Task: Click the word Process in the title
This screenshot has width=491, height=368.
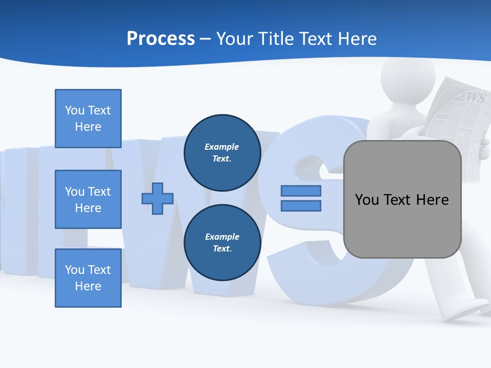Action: pos(161,39)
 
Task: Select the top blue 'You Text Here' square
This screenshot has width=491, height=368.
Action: pos(88,119)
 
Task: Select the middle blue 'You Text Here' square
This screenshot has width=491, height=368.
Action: pos(88,199)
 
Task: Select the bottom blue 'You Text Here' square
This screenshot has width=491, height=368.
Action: pos(88,278)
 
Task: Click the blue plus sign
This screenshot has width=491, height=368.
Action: pos(158,198)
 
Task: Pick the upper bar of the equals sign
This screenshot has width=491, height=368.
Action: pos(301,191)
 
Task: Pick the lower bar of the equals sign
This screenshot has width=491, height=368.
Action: pos(301,206)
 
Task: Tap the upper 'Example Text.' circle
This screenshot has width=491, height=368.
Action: pos(222,152)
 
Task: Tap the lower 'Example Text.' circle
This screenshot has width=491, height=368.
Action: pos(222,242)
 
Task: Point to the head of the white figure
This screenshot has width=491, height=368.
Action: pos(408,77)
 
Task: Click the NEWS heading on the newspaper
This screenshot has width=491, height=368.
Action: pos(468,97)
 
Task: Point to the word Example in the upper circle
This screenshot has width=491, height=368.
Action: pos(222,147)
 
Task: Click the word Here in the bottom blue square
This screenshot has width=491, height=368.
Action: pos(88,286)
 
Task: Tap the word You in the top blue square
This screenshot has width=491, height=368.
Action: pos(75,110)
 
